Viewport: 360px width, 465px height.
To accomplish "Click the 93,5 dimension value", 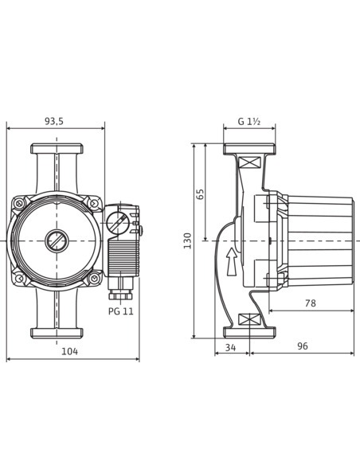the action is click(54, 121).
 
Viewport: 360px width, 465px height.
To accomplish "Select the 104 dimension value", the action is click(69, 351).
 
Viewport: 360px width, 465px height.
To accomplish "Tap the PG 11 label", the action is click(121, 311).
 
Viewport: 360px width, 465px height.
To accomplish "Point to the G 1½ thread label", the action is click(249, 121).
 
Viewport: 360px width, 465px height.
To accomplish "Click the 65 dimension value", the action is click(201, 194).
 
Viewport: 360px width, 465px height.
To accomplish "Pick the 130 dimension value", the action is click(188, 240).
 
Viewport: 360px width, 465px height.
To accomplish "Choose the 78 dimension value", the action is click(311, 303).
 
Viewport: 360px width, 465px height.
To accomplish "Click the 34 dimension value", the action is click(230, 347).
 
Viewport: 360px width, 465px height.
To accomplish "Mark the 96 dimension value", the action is click(303, 346).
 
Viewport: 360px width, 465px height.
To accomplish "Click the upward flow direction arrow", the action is click(232, 261).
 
